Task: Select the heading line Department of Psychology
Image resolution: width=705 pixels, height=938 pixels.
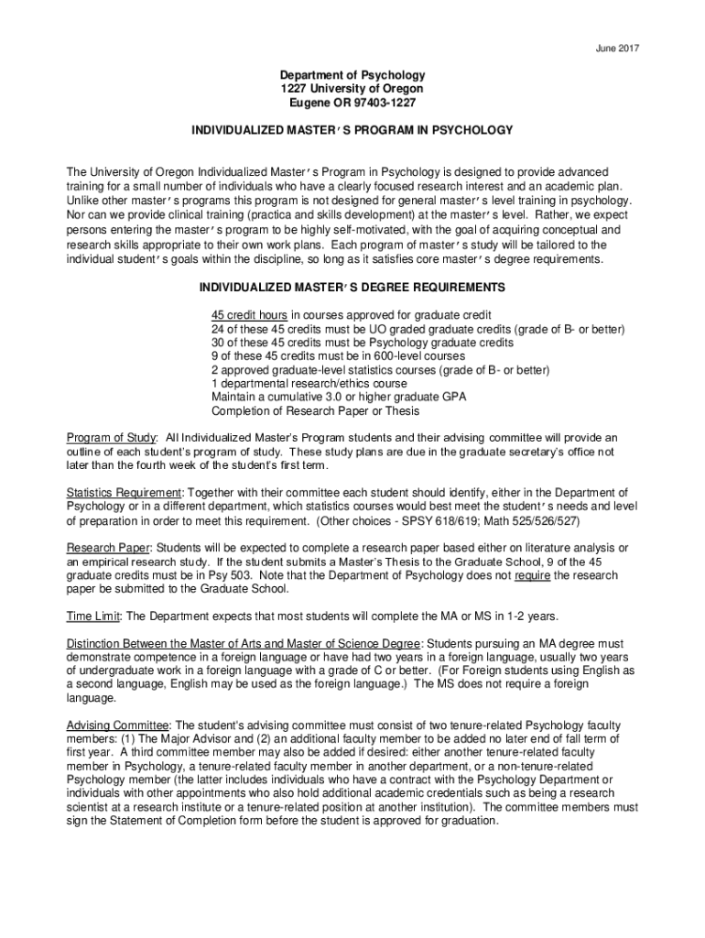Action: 352,74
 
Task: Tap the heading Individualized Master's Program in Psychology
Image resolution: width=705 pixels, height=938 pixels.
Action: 352,130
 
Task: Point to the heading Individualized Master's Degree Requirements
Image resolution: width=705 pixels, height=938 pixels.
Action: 352,288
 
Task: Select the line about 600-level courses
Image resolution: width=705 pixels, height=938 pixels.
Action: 338,355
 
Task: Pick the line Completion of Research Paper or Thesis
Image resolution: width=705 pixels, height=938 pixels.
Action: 315,410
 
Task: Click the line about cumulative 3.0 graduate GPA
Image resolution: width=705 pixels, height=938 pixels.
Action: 339,397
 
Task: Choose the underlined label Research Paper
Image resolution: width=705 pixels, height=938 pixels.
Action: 105,548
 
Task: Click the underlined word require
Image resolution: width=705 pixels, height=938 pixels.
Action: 532,575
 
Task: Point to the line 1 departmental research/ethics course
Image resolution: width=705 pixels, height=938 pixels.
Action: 309,383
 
